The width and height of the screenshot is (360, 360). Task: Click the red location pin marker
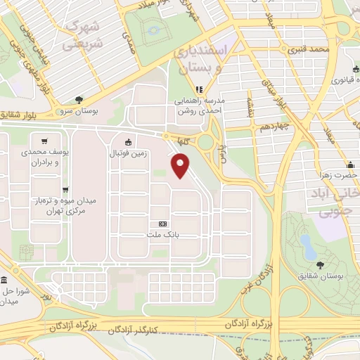tap(181, 165)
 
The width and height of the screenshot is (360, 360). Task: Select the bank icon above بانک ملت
tap(163, 224)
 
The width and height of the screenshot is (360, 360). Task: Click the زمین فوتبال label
tap(128, 152)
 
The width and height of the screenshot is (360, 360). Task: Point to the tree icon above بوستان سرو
tap(79, 100)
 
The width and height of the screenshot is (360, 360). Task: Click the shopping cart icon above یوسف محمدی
tap(44, 140)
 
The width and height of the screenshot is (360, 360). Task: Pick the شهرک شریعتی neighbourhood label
tap(84, 35)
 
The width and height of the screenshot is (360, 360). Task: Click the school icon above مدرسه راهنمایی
tap(199, 89)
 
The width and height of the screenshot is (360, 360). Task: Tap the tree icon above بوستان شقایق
tap(321, 265)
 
